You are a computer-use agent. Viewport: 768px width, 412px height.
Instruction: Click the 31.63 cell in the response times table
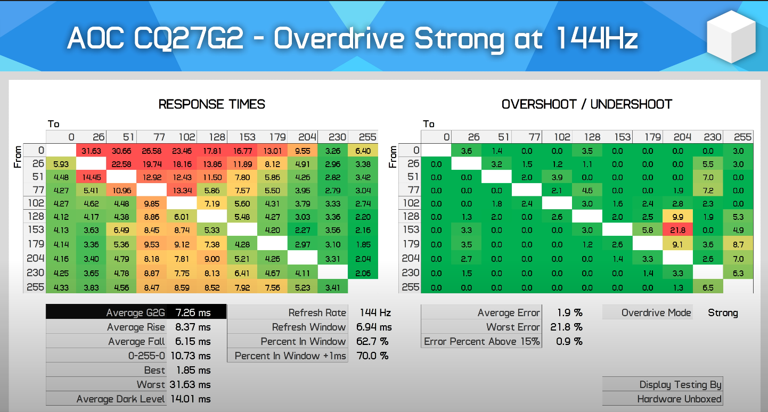coord(91,151)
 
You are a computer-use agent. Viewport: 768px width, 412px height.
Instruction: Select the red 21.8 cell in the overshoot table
coord(677,230)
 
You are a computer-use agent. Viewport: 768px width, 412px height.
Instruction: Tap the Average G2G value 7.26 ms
coord(193,312)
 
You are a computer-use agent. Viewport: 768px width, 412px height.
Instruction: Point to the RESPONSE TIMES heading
coord(211,104)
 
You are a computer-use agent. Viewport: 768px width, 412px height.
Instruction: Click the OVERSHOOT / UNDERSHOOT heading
coord(586,104)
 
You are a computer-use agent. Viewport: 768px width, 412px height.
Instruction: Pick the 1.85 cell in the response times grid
coord(363,245)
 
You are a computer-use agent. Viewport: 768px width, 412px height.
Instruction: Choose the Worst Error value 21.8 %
coord(566,327)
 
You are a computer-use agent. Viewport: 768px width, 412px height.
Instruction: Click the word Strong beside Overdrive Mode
coord(723,313)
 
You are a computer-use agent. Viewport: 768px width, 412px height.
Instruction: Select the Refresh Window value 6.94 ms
coord(374,327)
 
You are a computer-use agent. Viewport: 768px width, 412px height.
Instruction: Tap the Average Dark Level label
coord(121,399)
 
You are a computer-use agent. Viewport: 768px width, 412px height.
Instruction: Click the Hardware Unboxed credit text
coord(679,399)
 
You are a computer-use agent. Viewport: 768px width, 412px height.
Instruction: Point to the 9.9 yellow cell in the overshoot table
coord(677,217)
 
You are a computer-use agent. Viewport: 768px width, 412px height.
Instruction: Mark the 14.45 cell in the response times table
coord(91,177)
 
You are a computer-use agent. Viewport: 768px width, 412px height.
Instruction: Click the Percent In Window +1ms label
coord(290,356)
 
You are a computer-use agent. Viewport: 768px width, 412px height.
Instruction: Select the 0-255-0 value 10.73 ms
coord(191,356)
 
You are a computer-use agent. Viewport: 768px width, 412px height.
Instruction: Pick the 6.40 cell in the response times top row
coord(363,151)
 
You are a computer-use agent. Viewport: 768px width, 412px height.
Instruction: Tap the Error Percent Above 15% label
coord(481,341)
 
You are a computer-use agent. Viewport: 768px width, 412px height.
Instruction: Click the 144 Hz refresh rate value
coord(375,312)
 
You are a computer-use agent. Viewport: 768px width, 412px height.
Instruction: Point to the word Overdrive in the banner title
coord(339,38)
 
